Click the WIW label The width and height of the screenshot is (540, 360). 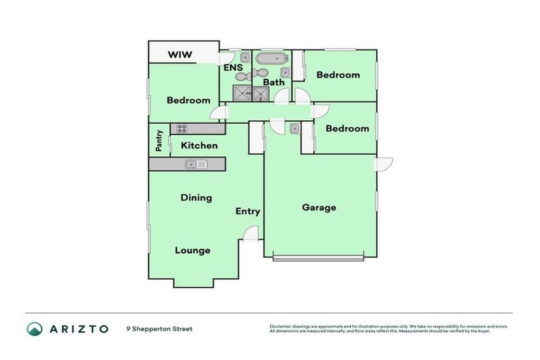click(181, 55)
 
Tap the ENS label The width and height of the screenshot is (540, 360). click(233, 68)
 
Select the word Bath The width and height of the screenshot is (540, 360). click(274, 82)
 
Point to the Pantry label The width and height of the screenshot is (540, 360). click(160, 141)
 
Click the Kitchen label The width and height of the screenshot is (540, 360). click(199, 146)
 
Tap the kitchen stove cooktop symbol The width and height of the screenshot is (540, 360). click(181, 129)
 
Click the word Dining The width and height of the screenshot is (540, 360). click(196, 198)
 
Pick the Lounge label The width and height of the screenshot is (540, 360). click(193, 250)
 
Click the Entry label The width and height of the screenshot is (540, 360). click(247, 211)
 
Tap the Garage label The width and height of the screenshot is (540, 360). click(319, 207)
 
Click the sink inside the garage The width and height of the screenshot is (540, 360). click(294, 128)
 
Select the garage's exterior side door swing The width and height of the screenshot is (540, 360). click(384, 164)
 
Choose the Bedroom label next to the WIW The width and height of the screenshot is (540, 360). click(188, 100)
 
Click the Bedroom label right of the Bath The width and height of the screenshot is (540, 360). click(337, 75)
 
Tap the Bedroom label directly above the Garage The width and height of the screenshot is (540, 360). click(347, 129)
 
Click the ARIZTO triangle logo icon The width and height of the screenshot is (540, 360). click(34, 328)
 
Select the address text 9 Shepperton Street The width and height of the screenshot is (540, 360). click(159, 328)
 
